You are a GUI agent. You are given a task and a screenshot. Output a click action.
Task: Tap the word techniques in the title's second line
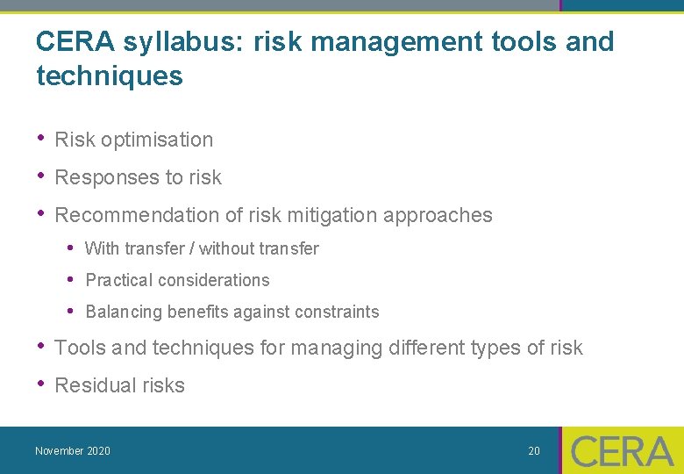(x=110, y=76)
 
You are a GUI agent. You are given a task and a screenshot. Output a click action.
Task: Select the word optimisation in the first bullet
(x=157, y=140)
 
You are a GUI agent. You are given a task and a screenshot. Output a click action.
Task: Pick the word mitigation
(x=335, y=215)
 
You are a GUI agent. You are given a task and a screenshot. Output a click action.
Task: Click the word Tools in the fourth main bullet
(x=81, y=348)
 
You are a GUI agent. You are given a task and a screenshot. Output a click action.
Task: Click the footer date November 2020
(x=73, y=451)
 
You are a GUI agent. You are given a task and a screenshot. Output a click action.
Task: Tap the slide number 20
(x=534, y=451)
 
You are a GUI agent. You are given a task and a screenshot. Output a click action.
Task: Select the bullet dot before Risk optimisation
(x=40, y=139)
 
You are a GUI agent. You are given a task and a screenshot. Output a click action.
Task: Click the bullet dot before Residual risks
(x=40, y=384)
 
